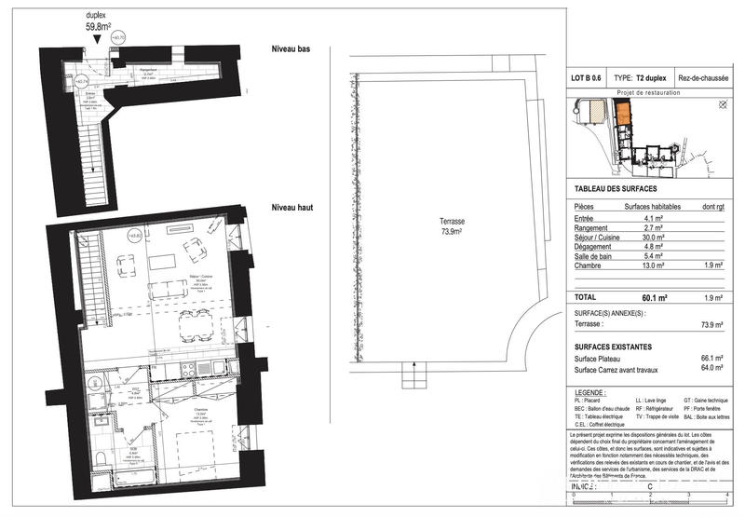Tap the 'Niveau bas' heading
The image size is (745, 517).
tap(291, 48)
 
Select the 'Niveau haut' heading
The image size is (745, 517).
tap(291, 209)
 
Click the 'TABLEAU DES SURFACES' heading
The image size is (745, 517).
tap(618, 189)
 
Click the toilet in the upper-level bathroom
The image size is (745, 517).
tap(100, 456)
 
